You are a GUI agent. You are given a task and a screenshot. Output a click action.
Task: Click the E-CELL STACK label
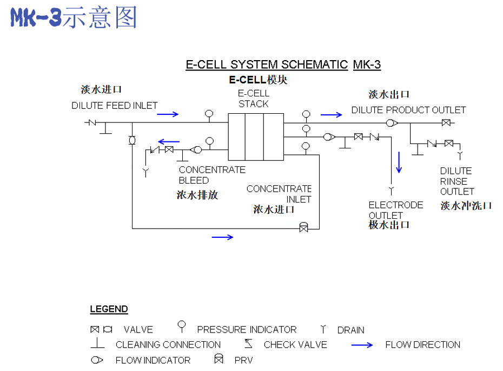click(254, 99)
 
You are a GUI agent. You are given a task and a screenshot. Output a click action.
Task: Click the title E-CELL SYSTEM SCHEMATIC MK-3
click(283, 65)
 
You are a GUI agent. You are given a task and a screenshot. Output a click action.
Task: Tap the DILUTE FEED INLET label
click(115, 106)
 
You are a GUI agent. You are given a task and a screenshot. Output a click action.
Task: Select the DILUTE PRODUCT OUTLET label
click(408, 110)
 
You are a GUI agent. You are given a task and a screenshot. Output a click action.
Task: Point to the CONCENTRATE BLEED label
click(212, 175)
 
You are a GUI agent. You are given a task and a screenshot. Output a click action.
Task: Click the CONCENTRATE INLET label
click(279, 194)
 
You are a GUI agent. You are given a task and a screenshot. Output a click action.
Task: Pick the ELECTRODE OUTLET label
click(395, 210)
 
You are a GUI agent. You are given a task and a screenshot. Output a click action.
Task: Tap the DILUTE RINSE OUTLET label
click(457, 181)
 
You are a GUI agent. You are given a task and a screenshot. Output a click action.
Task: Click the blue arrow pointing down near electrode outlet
click(399, 162)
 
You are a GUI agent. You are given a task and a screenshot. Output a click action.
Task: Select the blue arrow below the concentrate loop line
click(222, 237)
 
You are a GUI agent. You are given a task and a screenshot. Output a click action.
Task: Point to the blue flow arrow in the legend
click(362, 345)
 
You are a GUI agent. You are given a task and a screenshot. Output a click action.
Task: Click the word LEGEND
click(109, 309)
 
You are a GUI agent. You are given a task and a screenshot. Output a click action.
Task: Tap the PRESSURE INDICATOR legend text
click(247, 329)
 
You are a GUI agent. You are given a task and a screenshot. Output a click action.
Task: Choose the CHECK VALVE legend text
click(295, 344)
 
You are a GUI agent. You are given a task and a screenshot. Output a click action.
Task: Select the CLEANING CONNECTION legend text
click(168, 344)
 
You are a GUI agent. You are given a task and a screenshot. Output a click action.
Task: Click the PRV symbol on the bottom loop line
click(304, 227)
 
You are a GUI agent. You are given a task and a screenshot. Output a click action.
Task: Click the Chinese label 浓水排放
click(197, 195)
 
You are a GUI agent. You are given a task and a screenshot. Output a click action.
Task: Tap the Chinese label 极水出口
click(389, 225)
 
